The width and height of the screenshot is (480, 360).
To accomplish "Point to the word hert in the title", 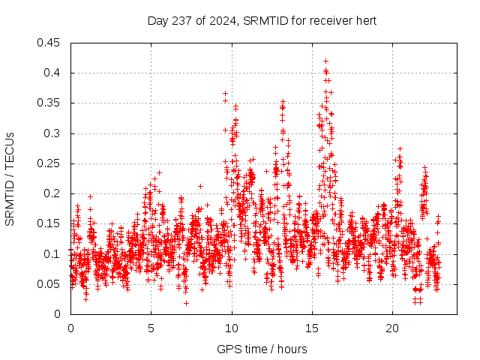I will pyautogui.click(x=366, y=20).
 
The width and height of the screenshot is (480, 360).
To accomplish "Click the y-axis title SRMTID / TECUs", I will pyautogui.click(x=10, y=178).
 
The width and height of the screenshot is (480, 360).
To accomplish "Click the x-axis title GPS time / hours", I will pyautogui.click(x=262, y=349).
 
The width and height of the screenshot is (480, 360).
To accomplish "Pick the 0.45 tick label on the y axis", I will pyautogui.click(x=49, y=43).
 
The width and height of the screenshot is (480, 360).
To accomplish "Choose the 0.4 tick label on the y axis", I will pyautogui.click(x=52, y=73).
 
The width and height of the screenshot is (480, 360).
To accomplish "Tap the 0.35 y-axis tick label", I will pyautogui.click(x=49, y=103).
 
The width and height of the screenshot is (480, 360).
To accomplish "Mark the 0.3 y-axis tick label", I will pyautogui.click(x=52, y=133).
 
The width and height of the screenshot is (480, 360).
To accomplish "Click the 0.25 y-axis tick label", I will pyautogui.click(x=49, y=163).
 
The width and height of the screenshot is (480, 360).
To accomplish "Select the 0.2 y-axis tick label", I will pyautogui.click(x=52, y=193).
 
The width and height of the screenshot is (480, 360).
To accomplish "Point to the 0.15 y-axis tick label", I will pyautogui.click(x=49, y=223).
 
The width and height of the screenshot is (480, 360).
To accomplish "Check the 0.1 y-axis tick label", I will pyautogui.click(x=52, y=254).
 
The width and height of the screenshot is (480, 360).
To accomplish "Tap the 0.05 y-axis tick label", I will pyautogui.click(x=49, y=284).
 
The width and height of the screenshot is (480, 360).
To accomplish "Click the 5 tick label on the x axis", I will pyautogui.click(x=151, y=328).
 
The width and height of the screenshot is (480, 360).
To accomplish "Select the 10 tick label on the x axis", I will pyautogui.click(x=232, y=328).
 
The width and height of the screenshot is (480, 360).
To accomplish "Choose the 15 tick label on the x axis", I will pyautogui.click(x=312, y=328).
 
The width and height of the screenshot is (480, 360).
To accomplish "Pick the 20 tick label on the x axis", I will pyautogui.click(x=393, y=328).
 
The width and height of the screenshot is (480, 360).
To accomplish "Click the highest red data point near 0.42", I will pyautogui.click(x=325, y=61).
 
